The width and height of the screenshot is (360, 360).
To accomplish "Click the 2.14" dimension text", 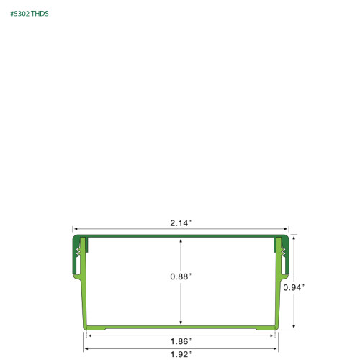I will click(180, 223).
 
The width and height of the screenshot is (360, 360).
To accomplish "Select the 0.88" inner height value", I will click(180, 276).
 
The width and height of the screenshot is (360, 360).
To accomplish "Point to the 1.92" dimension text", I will click(180, 354).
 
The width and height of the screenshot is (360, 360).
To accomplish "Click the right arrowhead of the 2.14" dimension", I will click(287, 228).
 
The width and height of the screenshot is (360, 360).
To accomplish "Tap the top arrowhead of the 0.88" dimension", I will click(181, 242).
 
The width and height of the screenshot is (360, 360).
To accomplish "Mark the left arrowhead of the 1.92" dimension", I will click(86, 348).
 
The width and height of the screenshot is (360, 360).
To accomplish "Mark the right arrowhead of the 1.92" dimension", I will click(275, 348).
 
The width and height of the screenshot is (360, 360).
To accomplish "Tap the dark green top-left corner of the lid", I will click(76, 238).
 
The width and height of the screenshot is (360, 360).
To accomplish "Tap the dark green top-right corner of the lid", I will click(284, 238).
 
